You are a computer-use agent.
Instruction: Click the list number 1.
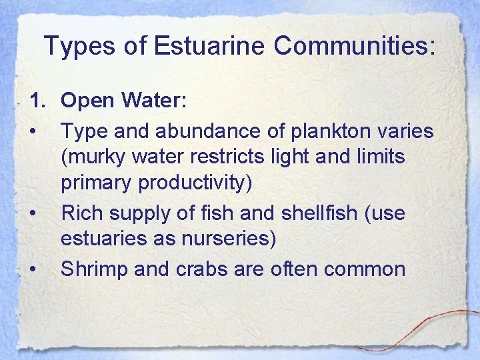coord(36,101)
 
